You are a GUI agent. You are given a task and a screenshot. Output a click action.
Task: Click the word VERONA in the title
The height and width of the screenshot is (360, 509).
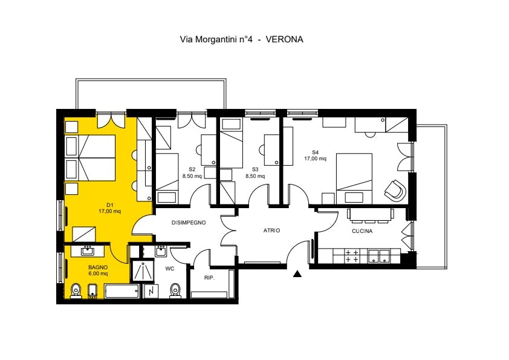284,39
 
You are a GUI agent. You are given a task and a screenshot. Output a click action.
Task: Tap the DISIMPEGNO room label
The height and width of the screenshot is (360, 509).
189,223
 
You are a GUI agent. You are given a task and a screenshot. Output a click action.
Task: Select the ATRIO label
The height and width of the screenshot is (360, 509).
271,231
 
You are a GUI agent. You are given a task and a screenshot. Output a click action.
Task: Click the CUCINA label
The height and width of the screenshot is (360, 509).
362,231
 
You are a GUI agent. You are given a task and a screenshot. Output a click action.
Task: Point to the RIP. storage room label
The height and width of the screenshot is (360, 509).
209,278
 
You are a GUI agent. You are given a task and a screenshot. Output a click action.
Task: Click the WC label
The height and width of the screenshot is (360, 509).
170,269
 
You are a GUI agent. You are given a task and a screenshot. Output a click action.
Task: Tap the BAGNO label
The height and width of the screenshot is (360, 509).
98,267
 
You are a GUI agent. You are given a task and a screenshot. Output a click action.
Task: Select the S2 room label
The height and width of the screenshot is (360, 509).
192,169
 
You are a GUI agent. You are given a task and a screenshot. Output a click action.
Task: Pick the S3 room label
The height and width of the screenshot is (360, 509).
255,169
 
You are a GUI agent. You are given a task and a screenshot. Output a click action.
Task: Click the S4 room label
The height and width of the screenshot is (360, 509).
315,152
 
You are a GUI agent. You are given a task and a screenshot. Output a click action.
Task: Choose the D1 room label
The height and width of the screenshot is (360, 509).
110,205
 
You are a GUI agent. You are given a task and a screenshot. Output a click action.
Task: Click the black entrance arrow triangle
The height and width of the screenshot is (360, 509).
297,274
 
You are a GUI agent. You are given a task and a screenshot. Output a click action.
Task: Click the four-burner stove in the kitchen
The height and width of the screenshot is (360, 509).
352,256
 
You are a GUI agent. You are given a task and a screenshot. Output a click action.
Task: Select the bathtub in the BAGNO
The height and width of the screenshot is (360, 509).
122,291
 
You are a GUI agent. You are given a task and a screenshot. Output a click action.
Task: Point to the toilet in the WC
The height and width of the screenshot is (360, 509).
175,290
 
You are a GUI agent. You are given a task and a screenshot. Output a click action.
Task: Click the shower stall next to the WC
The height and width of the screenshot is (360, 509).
142,270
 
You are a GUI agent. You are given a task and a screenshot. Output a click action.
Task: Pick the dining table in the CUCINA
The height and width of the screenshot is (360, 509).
371,214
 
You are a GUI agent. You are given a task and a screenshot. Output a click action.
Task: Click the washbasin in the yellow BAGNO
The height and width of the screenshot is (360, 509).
88,251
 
